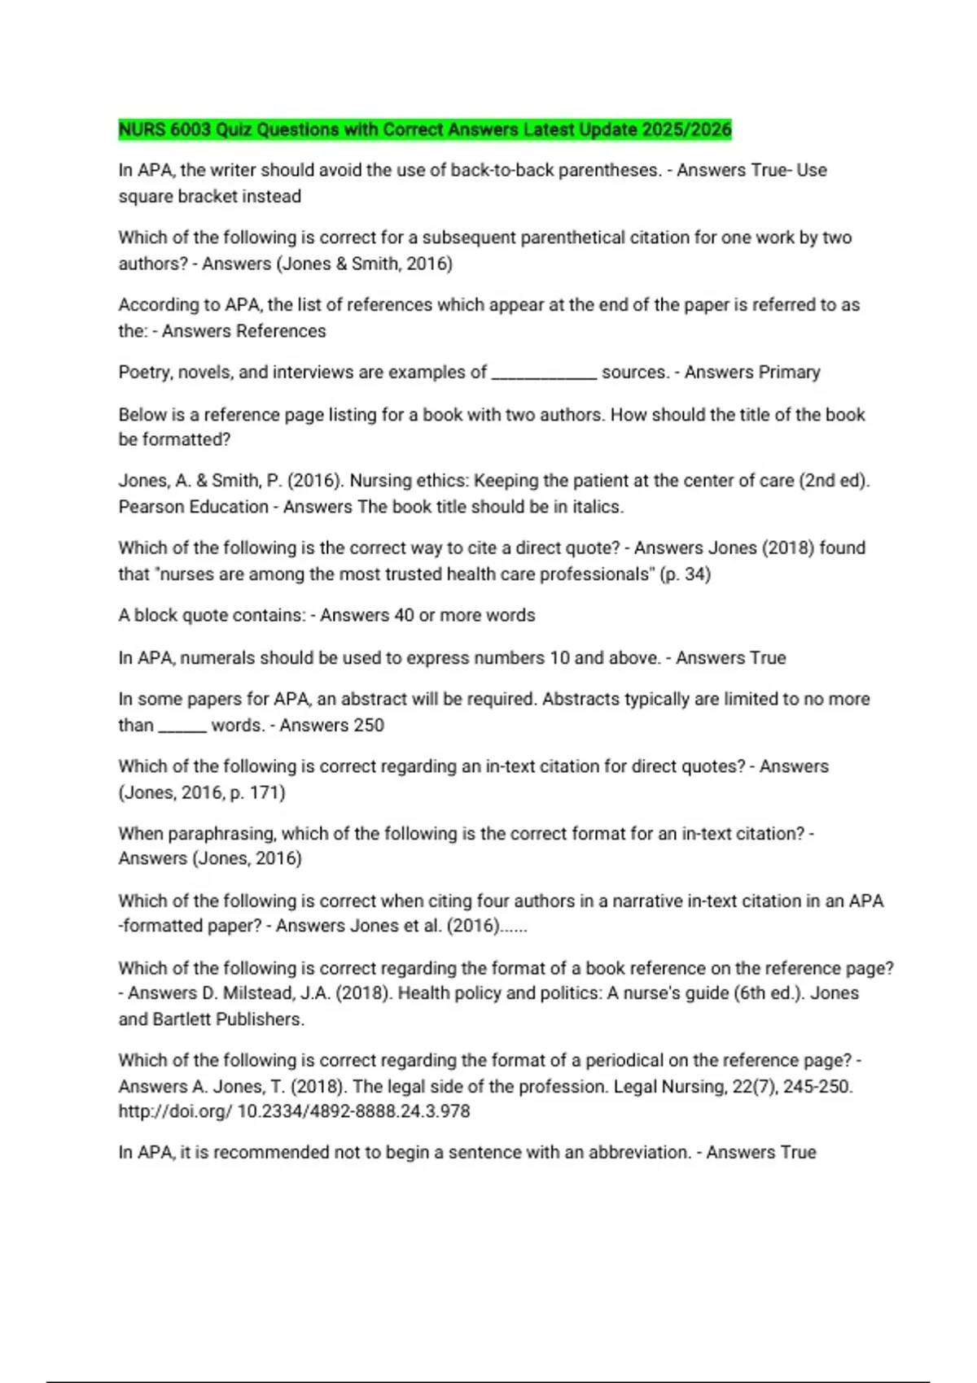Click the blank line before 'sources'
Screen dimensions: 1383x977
pos(544,373)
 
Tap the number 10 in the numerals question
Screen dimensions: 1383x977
pos(559,657)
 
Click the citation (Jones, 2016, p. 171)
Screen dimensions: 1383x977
pos(202,792)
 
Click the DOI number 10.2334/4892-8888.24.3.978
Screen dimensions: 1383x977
pos(353,1111)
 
